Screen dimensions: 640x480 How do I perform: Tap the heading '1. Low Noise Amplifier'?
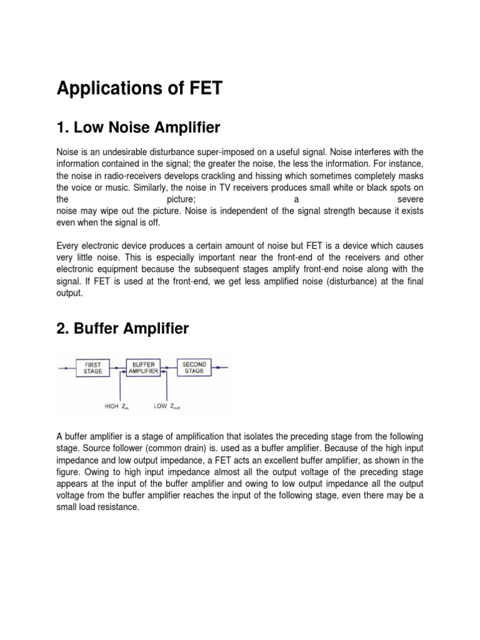point(138,128)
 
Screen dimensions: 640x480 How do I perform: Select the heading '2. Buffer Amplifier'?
point(122,328)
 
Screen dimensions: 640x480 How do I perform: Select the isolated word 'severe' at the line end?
point(411,198)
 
